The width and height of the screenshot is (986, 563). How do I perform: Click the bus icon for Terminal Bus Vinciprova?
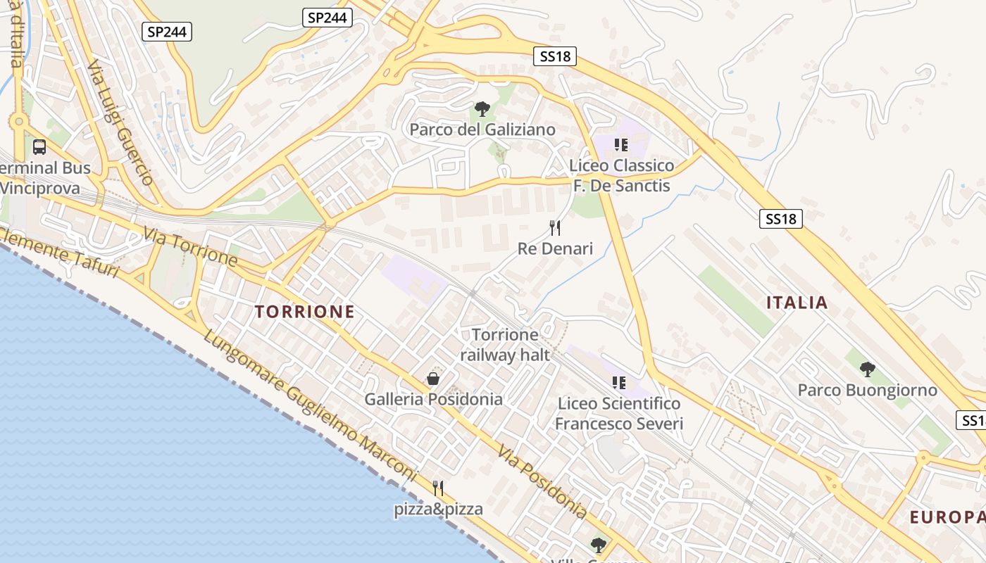tap(39, 147)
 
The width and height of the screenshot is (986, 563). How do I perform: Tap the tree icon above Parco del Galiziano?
tap(482, 109)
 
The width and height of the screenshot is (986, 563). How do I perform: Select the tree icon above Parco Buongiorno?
tap(868, 369)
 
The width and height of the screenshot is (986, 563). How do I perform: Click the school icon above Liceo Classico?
tap(620, 145)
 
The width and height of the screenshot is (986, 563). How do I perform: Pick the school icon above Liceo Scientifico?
tap(619, 383)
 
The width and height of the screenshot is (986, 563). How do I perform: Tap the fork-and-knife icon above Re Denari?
tap(555, 227)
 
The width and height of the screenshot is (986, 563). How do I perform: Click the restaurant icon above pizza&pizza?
tap(438, 488)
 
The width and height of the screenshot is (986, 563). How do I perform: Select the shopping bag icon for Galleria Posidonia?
tap(433, 379)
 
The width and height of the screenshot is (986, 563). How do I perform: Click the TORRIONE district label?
tap(304, 312)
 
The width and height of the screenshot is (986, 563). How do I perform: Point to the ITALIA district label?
tap(797, 303)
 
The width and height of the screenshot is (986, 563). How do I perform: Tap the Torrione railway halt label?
tap(505, 345)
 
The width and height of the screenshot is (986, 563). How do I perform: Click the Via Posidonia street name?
tap(542, 482)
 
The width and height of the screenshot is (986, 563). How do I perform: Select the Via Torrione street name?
tap(191, 247)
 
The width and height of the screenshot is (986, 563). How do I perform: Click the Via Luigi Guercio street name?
tap(120, 122)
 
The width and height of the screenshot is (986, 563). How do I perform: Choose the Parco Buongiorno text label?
tap(867, 390)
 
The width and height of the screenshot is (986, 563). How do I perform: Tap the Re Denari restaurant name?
tap(555, 248)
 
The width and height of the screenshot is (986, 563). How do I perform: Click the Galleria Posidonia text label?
tap(433, 399)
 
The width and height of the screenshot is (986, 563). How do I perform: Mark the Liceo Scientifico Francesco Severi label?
tap(619, 413)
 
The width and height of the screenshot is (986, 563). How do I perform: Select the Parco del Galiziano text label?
tap(482, 129)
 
